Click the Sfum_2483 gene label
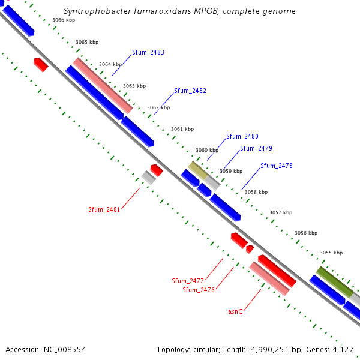click(x=148, y=53)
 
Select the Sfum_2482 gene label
click(x=190, y=91)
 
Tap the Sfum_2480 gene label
click(x=242, y=137)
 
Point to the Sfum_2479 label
click(x=256, y=148)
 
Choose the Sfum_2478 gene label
click(x=277, y=166)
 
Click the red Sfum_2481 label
click(x=104, y=209)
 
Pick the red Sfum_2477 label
click(x=188, y=281)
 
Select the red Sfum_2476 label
click(x=199, y=290)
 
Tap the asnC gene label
click(x=235, y=311)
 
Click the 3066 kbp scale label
click(x=64, y=20)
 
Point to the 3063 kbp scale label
click(x=134, y=86)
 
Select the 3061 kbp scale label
click(x=182, y=129)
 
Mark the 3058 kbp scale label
click(x=256, y=192)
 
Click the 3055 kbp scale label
click(x=331, y=253)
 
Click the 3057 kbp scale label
click(x=281, y=212)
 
